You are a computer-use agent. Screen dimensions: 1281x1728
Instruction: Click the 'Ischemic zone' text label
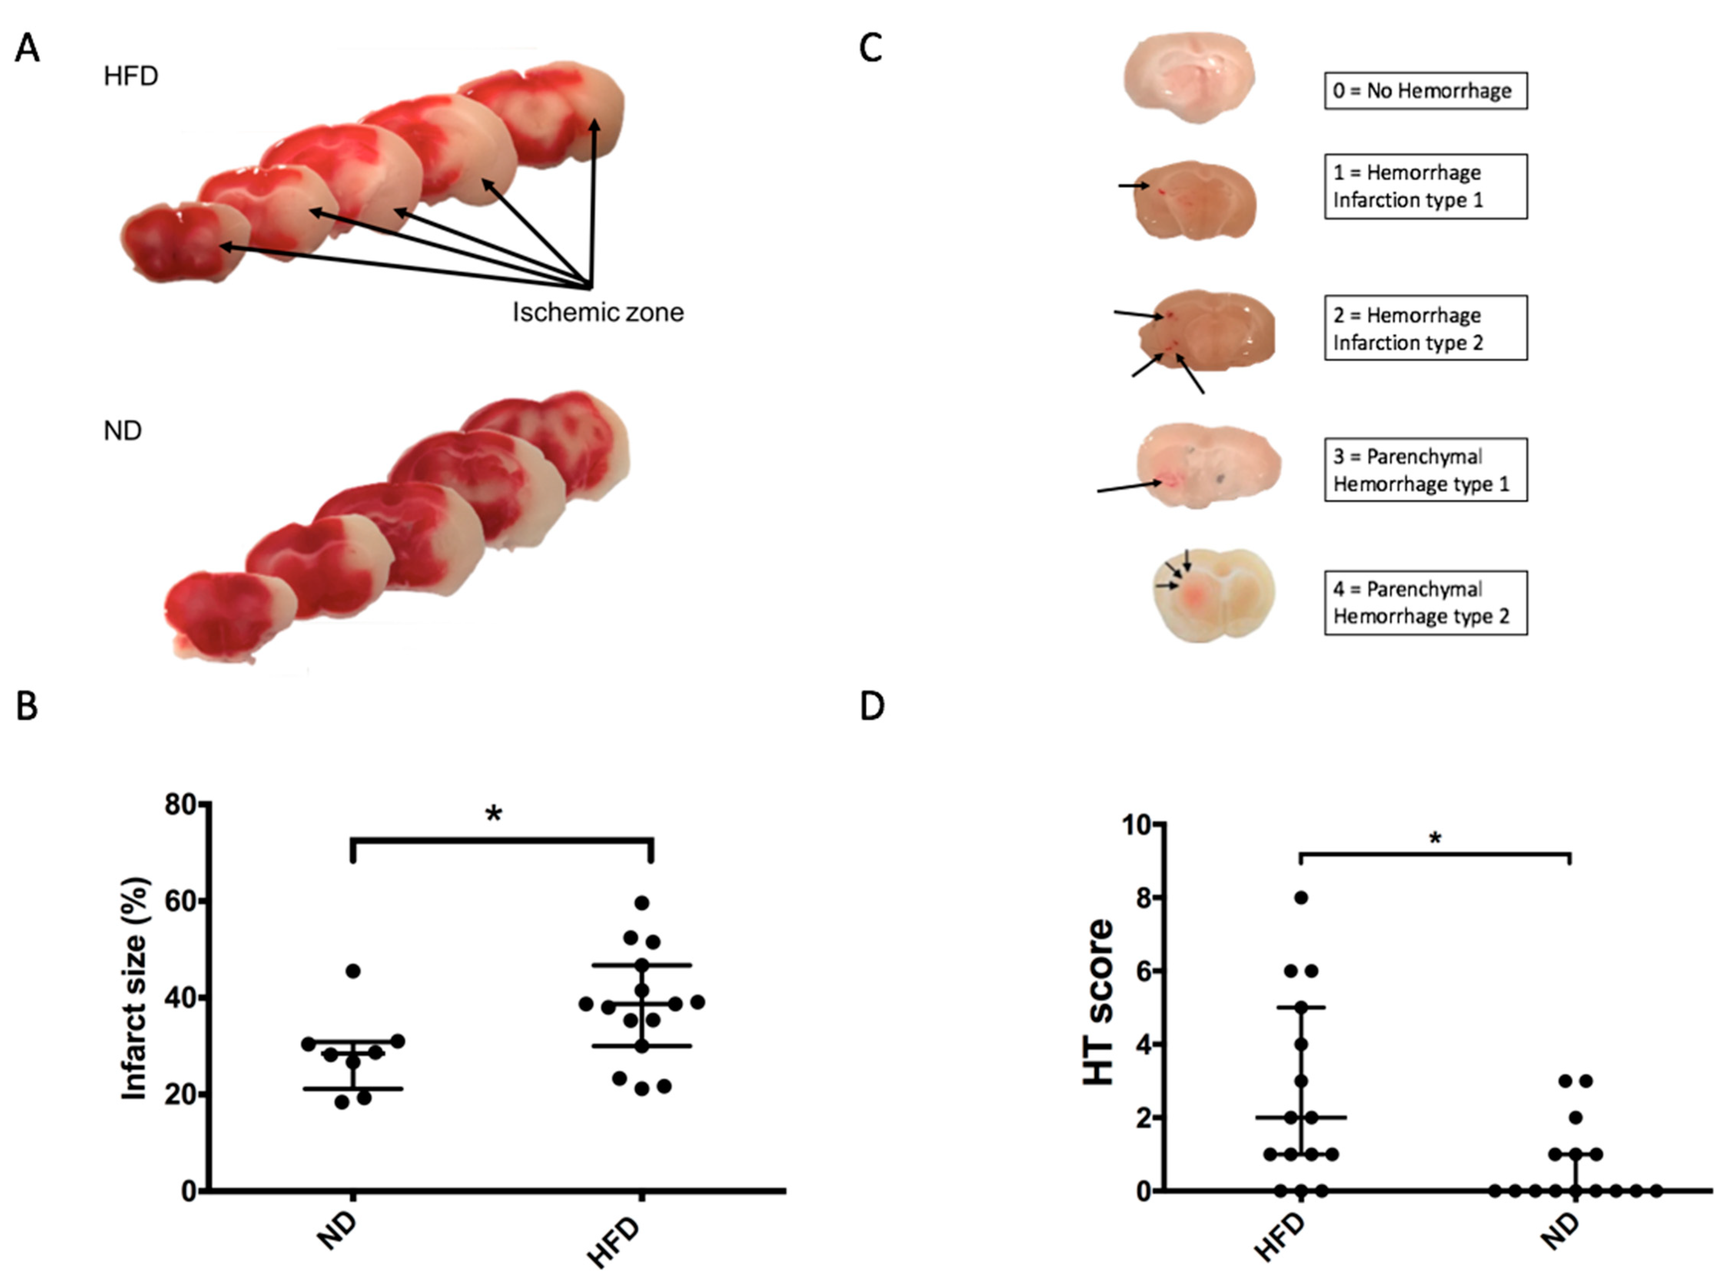pos(598,313)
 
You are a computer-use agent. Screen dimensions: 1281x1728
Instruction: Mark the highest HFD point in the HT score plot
pos(1301,898)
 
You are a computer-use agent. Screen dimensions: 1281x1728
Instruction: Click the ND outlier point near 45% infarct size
pos(353,971)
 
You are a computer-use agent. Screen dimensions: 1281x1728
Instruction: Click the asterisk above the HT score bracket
pos(1436,838)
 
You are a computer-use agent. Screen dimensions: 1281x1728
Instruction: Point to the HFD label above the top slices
pos(131,76)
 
